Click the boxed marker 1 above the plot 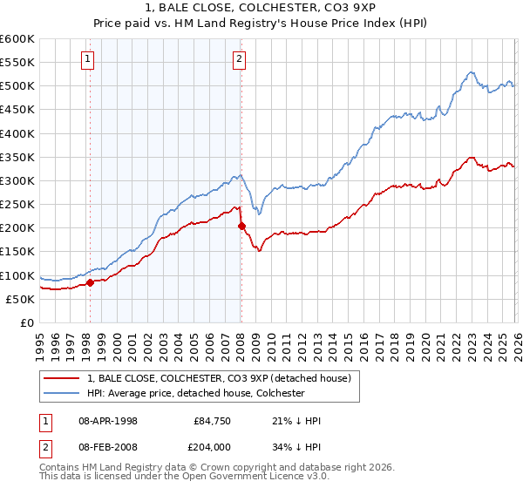pos(89,59)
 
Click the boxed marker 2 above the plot pos(239,59)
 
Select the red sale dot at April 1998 pos(90,282)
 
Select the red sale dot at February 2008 pos(241,227)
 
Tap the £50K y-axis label pos(20,299)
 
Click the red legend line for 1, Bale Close pos(63,378)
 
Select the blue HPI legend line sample pos(63,393)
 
